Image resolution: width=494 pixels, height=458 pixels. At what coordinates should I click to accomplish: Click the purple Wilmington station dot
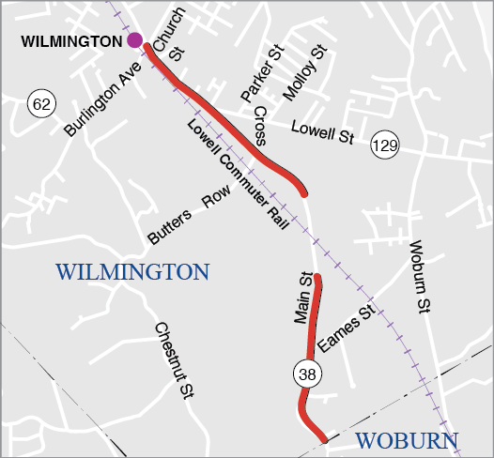pos(135,40)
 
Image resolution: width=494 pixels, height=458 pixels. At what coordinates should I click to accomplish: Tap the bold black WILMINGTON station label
pos(71,41)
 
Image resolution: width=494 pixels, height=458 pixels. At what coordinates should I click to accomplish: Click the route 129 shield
pos(383,145)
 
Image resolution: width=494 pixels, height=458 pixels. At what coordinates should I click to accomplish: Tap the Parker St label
pos(261,73)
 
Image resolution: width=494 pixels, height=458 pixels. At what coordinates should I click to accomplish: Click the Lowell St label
pos(322,132)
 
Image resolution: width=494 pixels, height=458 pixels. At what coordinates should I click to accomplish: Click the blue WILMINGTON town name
pos(132,272)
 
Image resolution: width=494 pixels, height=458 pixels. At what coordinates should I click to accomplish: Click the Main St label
pos(301,298)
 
